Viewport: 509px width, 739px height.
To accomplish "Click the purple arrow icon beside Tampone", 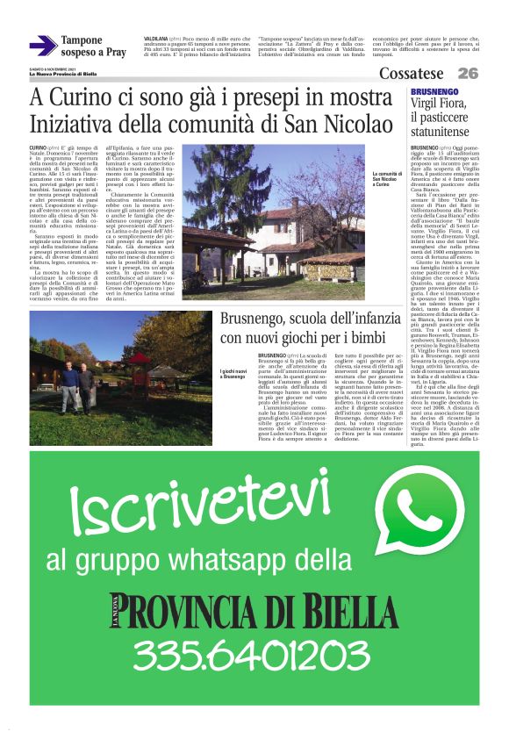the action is pos(42,45).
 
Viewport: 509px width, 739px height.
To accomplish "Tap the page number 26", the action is pos(469,74).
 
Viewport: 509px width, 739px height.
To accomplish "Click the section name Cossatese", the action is pos(411,74).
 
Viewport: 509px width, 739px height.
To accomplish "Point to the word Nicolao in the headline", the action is pos(355,124).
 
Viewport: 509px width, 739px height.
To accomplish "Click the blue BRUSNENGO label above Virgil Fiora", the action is pos(433,91).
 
